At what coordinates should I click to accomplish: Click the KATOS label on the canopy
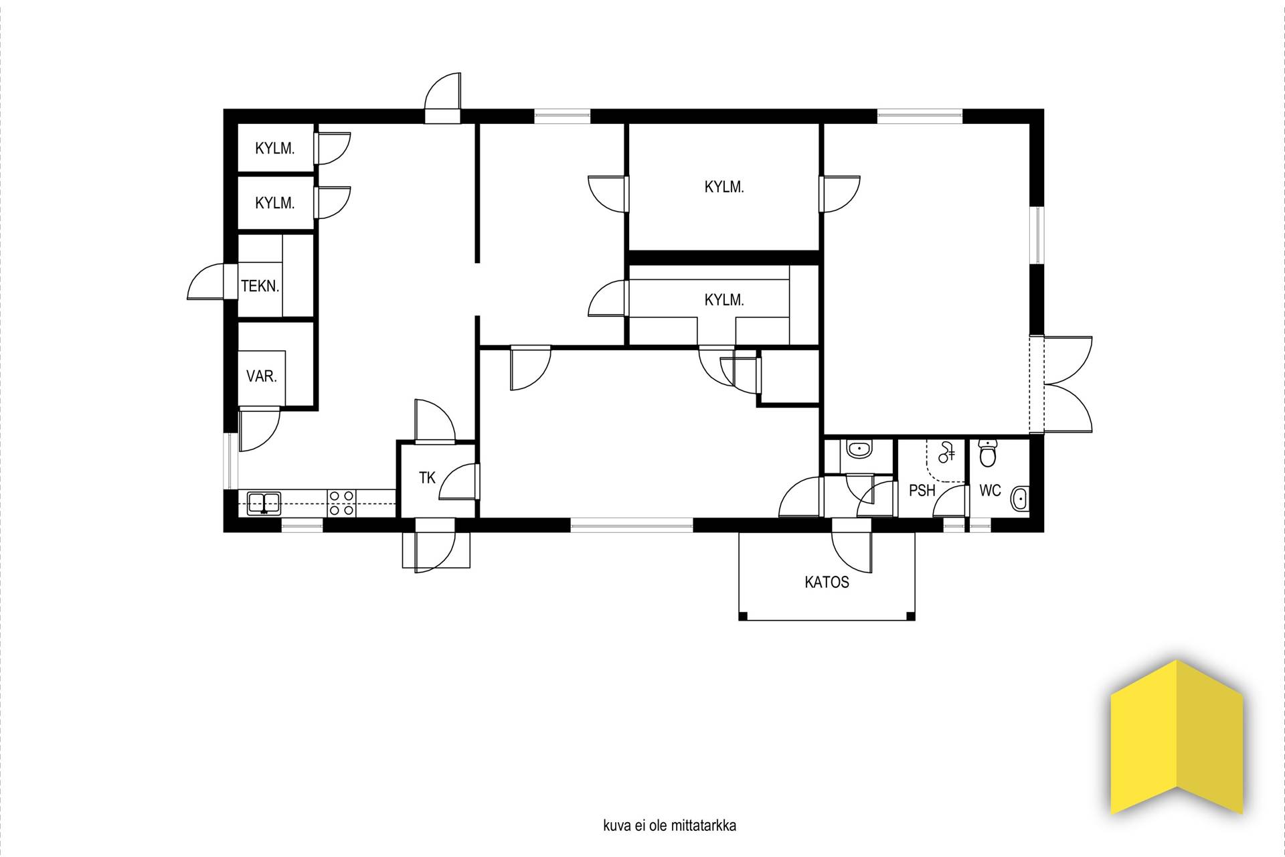point(827,582)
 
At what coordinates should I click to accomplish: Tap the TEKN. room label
point(260,287)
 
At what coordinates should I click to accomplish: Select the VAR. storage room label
point(262,376)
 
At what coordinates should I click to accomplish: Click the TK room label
point(427,478)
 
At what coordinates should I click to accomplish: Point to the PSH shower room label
point(922,491)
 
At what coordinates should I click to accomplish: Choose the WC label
point(990,491)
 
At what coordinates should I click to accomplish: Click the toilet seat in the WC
point(987,453)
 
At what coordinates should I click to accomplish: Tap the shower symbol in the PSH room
point(946,454)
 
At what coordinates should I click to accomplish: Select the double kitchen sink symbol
point(264,503)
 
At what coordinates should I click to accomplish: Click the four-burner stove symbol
point(341,503)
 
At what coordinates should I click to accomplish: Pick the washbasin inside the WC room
point(1020,498)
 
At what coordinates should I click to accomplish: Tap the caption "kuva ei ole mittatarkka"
point(669,826)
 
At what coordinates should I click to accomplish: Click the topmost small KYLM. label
point(275,149)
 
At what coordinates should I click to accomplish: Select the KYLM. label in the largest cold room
point(724,187)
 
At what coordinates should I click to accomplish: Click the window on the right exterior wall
point(1037,234)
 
